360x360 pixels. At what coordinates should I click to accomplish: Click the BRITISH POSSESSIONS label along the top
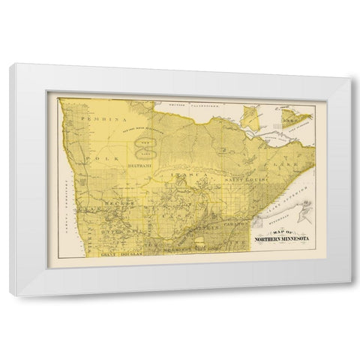(x=187, y=103)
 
